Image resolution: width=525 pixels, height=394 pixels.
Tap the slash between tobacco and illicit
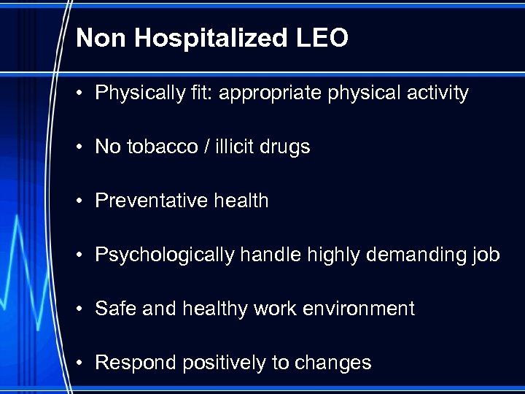pos(208,147)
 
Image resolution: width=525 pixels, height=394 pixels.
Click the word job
pos(485,255)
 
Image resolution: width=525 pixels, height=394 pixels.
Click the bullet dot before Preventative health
pos(84,201)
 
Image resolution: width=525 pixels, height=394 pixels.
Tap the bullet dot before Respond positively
pos(84,363)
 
